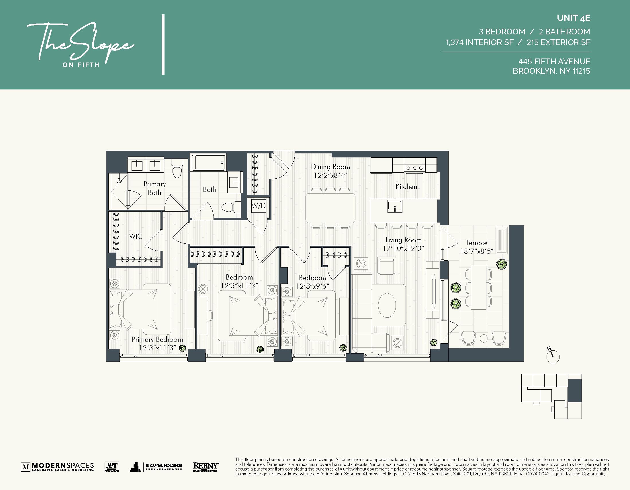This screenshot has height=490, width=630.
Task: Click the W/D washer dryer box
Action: pyautogui.click(x=259, y=206)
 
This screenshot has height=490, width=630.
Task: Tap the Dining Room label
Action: pyautogui.click(x=330, y=167)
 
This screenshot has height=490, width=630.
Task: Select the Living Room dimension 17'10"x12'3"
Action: pyautogui.click(x=403, y=249)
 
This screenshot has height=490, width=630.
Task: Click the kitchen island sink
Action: pyautogui.click(x=395, y=206)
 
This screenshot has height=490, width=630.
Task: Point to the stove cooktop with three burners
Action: pyautogui.click(x=415, y=168)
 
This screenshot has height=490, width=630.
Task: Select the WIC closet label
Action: pyautogui.click(x=136, y=236)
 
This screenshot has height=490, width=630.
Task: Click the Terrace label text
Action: pyautogui.click(x=477, y=243)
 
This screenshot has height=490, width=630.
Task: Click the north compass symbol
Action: pyautogui.click(x=553, y=356)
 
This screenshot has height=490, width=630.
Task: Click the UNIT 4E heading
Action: pyautogui.click(x=574, y=18)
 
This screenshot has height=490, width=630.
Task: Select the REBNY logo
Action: pyautogui.click(x=206, y=466)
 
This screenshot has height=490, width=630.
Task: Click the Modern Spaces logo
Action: pyautogui.click(x=57, y=466)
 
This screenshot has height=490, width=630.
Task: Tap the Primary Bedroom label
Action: pyautogui.click(x=157, y=339)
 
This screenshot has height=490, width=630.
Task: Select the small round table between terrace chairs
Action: pyautogui.click(x=484, y=338)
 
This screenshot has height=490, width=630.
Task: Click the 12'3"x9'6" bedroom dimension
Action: pyautogui.click(x=312, y=286)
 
